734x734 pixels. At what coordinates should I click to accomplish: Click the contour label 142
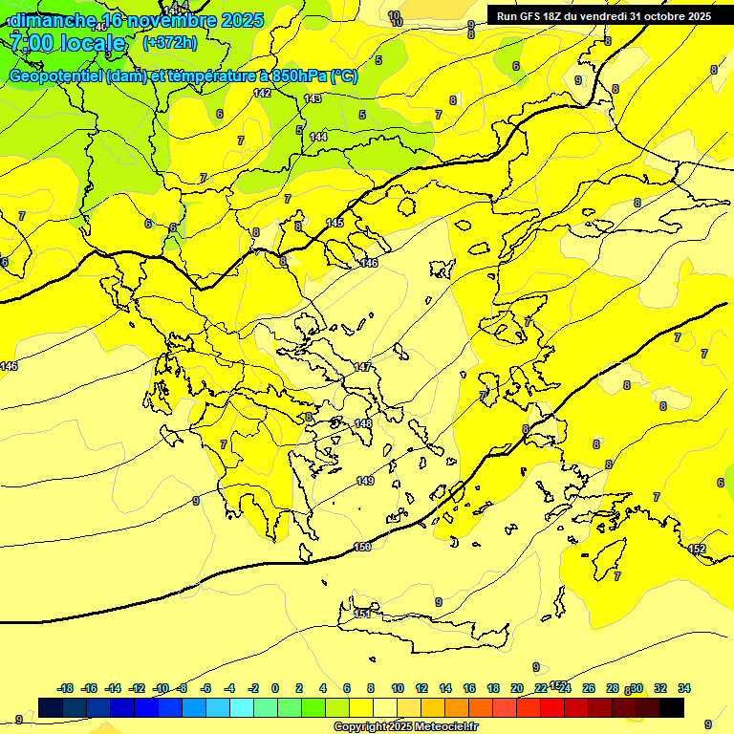pos(263,93)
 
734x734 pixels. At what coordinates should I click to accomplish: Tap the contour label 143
pos(313,98)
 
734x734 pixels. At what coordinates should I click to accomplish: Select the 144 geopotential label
pos(318,137)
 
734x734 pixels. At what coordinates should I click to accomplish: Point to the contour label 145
pos(335,223)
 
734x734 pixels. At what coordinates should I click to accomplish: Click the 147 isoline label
pos(362,367)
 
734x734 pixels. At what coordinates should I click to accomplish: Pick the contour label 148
pos(363,423)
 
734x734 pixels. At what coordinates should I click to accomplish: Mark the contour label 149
pos(365,481)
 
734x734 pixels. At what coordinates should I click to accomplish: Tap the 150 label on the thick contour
pos(362,547)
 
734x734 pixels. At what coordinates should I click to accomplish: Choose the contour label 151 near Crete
pos(363,614)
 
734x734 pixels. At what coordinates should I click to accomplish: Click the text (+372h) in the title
pos(169,42)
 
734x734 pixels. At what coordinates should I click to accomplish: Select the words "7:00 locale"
pos(69,43)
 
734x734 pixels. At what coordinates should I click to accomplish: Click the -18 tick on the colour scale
pos(65,688)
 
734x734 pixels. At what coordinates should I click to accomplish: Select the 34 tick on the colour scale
pos(684,688)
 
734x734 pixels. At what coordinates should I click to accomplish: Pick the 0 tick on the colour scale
pos(275,688)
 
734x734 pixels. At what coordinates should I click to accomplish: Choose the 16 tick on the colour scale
pos(469,688)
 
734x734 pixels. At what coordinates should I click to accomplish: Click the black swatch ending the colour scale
pos(672,708)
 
